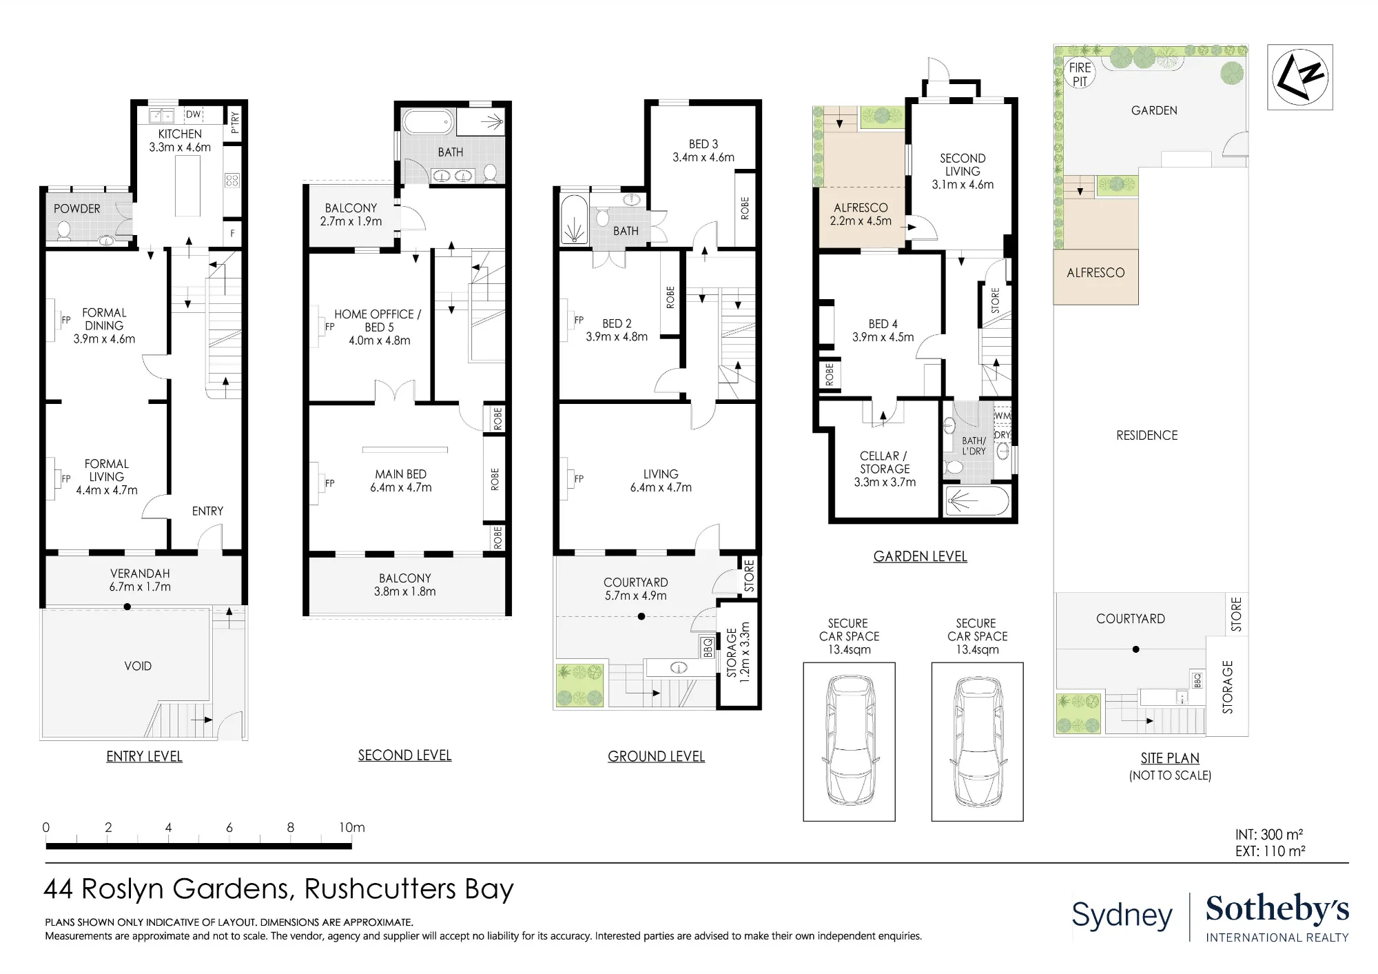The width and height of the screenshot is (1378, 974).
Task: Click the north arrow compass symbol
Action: pyautogui.click(x=1299, y=77)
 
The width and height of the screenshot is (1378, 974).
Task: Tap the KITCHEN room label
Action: pyautogui.click(x=180, y=134)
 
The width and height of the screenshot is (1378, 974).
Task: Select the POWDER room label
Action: pyautogui.click(x=77, y=209)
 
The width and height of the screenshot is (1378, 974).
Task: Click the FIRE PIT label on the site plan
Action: pyautogui.click(x=1080, y=74)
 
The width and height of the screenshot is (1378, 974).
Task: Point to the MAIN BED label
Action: pyautogui.click(x=401, y=474)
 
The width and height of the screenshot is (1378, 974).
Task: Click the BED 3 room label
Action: pyautogui.click(x=703, y=144)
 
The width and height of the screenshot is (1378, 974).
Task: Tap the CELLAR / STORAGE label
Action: pyautogui.click(x=885, y=463)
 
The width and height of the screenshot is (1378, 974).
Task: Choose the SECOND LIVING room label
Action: pyautogui.click(x=963, y=165)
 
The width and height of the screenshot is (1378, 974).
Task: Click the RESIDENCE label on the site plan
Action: pyautogui.click(x=1147, y=436)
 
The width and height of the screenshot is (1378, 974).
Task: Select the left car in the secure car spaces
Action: pyautogui.click(x=850, y=742)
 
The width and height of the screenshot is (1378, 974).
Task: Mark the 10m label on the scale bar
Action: pyautogui.click(x=352, y=827)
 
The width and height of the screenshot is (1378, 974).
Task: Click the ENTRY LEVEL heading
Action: pyautogui.click(x=144, y=756)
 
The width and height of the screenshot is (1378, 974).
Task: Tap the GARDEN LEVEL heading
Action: pyautogui.click(x=920, y=556)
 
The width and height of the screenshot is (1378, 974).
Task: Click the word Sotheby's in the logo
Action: pyautogui.click(x=1277, y=909)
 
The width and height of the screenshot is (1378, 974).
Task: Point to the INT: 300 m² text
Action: pyautogui.click(x=1269, y=835)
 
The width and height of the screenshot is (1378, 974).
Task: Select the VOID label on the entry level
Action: pyautogui.click(x=138, y=666)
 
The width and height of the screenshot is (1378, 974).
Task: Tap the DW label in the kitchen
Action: pyautogui.click(x=194, y=114)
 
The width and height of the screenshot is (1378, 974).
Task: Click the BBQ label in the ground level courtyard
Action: pyautogui.click(x=708, y=647)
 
